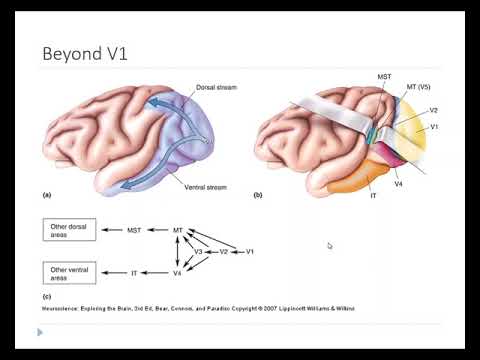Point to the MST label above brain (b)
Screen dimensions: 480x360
pos(384,76)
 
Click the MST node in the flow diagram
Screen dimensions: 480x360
pos(134,231)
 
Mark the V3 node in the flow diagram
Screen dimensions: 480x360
pos(198,251)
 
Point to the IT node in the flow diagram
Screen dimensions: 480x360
pos(134,272)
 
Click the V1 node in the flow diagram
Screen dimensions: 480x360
pos(250,251)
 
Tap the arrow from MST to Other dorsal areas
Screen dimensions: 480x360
pos(113,231)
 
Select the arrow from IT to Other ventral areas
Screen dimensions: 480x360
pos(113,272)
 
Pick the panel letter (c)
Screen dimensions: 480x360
pos(46,295)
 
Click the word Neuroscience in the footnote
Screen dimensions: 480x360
pos(62,310)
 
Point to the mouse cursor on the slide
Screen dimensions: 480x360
pos(329,246)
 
